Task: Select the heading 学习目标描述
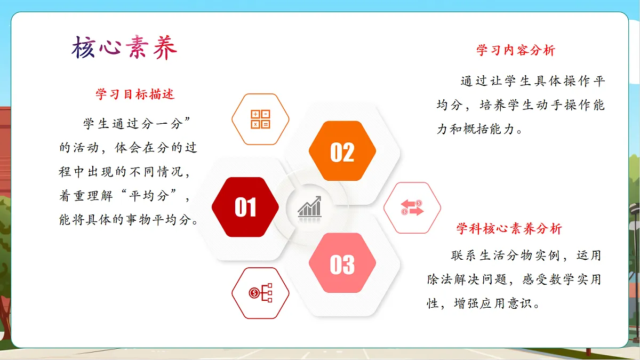135,94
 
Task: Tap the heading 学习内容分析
516,51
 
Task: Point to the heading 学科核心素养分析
509,229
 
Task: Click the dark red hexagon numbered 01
245,207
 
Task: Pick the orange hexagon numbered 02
342,151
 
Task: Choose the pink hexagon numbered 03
342,263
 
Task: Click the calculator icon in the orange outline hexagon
260,119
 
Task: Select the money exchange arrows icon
412,208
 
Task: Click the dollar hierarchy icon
260,293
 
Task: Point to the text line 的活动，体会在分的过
128,148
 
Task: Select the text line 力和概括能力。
479,129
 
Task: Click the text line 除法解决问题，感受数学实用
514,279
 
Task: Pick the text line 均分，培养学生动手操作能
521,105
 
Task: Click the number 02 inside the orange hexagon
342,153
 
